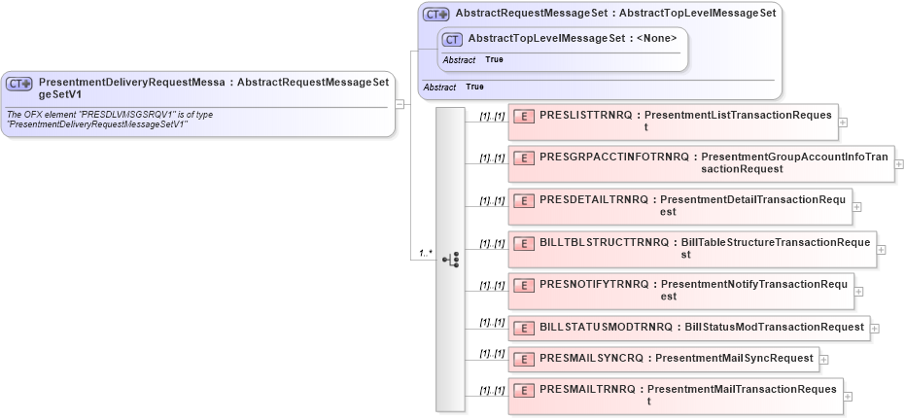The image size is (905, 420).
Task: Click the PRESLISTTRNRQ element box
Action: tap(673, 122)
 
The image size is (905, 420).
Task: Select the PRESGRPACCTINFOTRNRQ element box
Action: tap(700, 163)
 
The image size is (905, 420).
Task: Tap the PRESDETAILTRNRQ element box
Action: tap(679, 206)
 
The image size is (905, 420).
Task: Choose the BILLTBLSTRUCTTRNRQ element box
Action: tap(691, 248)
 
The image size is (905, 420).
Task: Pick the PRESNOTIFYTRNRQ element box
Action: tap(679, 291)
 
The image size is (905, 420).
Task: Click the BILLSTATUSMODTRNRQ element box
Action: tap(688, 328)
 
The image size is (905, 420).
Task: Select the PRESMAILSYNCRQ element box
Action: tap(663, 359)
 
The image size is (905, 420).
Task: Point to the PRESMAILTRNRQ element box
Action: tap(675, 396)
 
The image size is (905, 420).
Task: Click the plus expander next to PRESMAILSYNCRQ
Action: tap(824, 359)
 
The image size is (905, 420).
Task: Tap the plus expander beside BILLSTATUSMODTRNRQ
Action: tap(875, 329)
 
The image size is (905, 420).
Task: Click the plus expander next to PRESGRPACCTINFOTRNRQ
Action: tap(899, 163)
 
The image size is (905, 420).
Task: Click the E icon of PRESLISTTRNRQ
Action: tap(524, 116)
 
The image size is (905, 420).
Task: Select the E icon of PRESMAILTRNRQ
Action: tap(524, 390)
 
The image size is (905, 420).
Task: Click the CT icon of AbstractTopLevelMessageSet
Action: tap(452, 39)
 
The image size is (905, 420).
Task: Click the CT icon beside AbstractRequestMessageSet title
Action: tap(436, 15)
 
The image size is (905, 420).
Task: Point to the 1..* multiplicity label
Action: tap(425, 254)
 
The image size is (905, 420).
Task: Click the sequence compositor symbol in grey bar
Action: tap(450, 260)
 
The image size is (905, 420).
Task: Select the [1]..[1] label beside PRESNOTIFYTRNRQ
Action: tap(492, 286)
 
